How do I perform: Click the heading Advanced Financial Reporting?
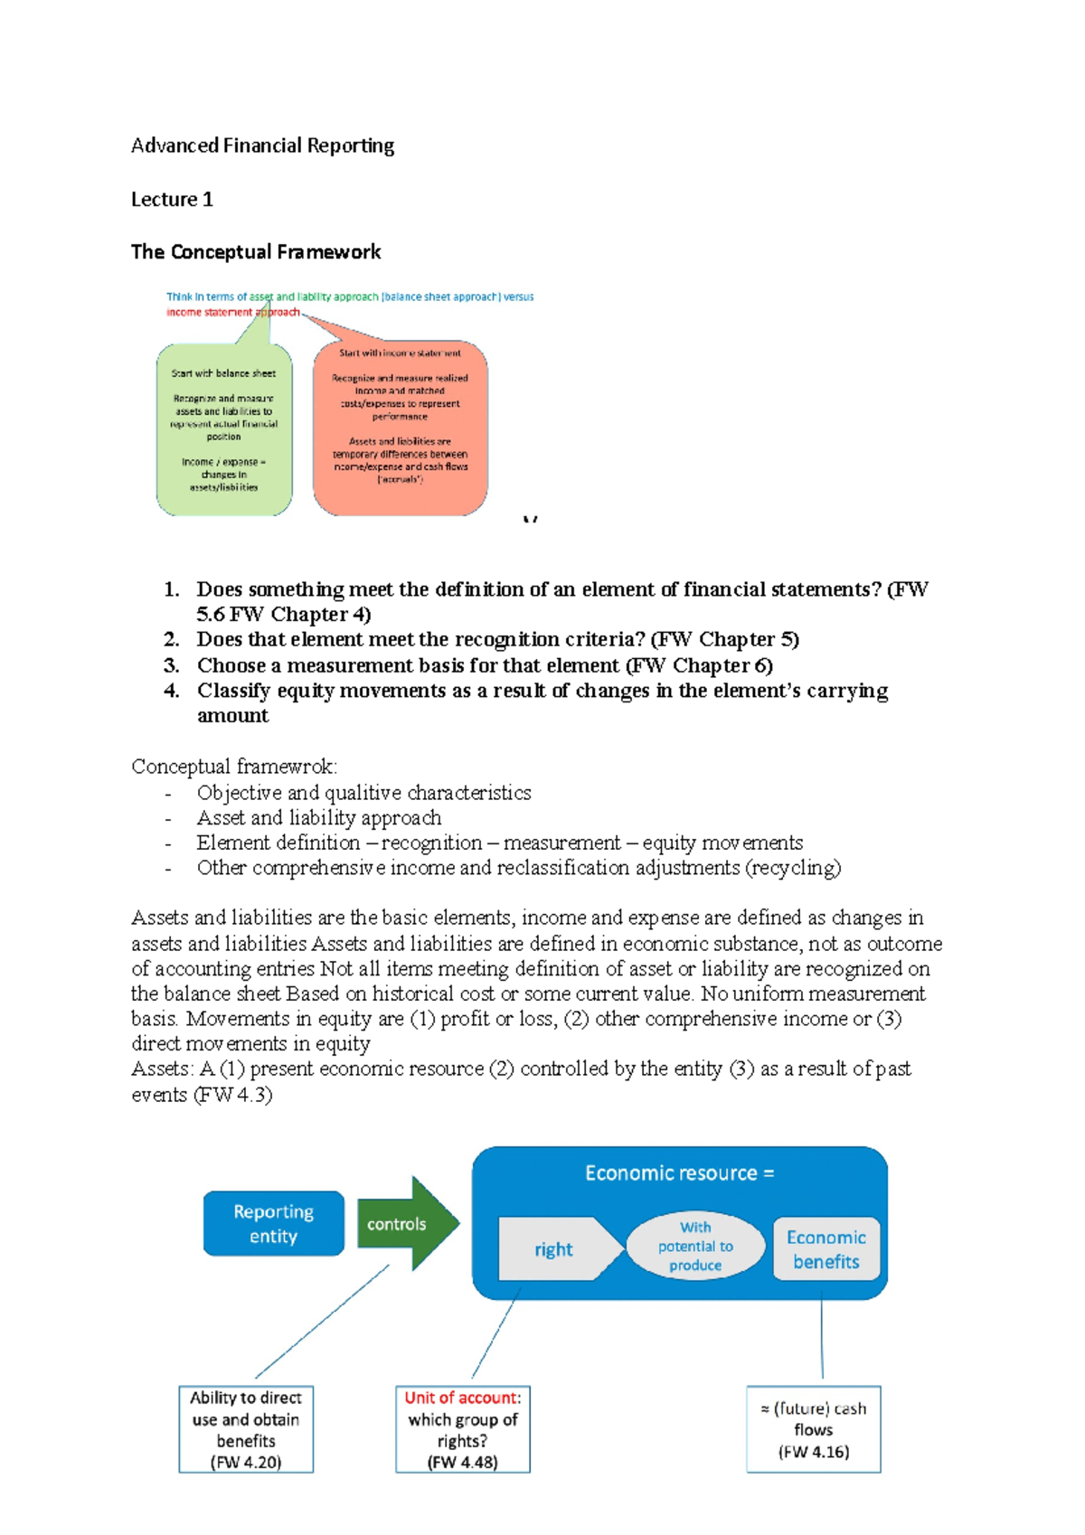click(x=262, y=146)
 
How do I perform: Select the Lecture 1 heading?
click(x=172, y=199)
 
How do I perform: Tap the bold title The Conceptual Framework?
click(x=256, y=251)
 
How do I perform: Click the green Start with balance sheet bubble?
click(x=224, y=429)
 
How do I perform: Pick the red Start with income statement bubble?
click(x=400, y=428)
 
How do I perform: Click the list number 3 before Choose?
click(x=171, y=665)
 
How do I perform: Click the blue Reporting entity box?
click(x=273, y=1223)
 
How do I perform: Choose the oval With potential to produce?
click(x=694, y=1246)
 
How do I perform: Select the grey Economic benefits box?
click(x=826, y=1248)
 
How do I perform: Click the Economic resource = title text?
click(x=679, y=1172)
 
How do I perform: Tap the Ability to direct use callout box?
click(x=246, y=1428)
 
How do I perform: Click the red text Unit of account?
click(x=460, y=1398)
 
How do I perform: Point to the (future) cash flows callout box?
click(x=813, y=1429)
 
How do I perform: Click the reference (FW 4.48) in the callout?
click(x=462, y=1462)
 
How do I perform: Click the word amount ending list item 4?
click(x=232, y=715)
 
